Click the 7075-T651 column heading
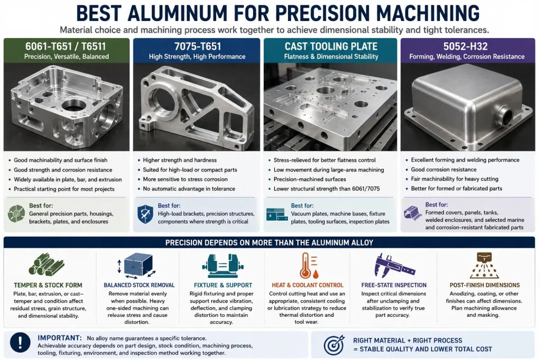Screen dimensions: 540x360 197,46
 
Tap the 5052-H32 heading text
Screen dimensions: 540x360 465,46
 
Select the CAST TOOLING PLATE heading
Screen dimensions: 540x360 331,46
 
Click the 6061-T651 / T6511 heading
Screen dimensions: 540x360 65,46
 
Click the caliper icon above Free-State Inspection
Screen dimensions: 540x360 394,266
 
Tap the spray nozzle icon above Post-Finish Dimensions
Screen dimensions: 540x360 484,265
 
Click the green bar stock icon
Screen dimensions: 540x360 46,265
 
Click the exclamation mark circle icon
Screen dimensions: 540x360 21,343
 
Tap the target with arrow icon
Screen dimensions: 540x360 334,345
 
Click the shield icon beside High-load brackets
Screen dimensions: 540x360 145,214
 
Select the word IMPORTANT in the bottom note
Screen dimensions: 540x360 60,338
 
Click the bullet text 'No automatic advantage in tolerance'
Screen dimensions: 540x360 189,189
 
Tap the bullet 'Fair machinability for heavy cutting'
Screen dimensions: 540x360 455,179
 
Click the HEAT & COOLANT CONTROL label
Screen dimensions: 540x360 307,285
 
